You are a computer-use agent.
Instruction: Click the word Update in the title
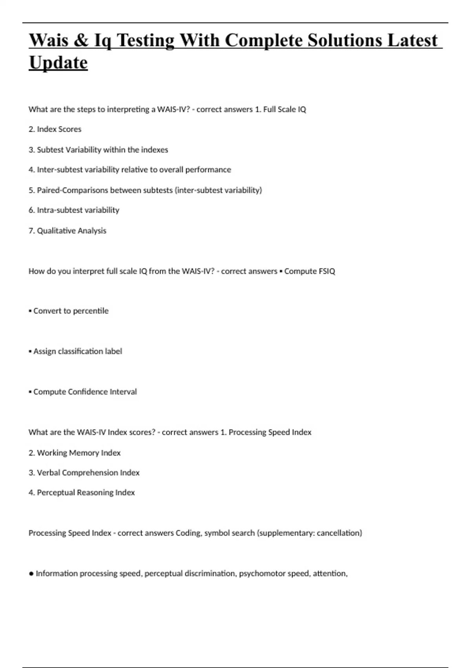pyautogui.click(x=58, y=62)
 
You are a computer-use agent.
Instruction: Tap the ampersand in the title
pyautogui.click(x=81, y=40)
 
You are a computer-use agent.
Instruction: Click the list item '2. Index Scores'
pyautogui.click(x=55, y=129)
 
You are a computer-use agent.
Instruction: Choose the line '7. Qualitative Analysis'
pyautogui.click(x=67, y=231)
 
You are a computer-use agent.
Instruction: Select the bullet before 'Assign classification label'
pyautogui.click(x=30, y=351)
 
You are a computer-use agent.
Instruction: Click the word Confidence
pyautogui.click(x=88, y=392)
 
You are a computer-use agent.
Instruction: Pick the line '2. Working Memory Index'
pyautogui.click(x=75, y=453)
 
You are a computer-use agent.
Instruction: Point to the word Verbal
pyautogui.click(x=48, y=473)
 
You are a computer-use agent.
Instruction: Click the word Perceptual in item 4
pyautogui.click(x=56, y=493)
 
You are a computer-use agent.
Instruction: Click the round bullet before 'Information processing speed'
pyautogui.click(x=31, y=574)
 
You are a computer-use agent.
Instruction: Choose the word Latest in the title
pyautogui.click(x=412, y=40)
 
